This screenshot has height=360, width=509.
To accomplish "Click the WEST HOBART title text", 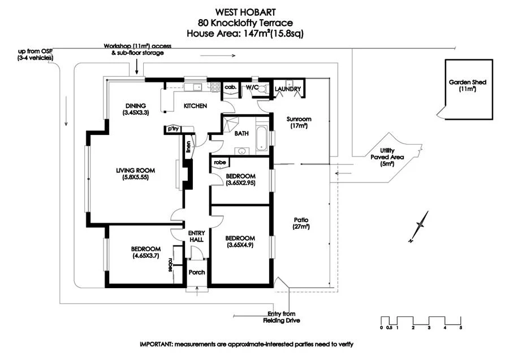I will [253, 11].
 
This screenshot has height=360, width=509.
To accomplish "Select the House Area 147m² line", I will [253, 34].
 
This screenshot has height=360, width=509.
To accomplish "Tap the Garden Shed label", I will [467, 85].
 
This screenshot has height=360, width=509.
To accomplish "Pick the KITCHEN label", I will [195, 106].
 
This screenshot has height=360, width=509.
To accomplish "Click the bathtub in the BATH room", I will [262, 137].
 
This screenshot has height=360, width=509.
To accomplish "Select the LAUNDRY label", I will [287, 90].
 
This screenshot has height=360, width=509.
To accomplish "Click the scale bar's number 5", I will [461, 328].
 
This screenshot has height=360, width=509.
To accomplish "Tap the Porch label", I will [197, 272].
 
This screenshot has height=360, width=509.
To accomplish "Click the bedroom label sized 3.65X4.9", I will [240, 241].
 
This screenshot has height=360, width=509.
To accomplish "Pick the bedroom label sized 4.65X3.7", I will [145, 252].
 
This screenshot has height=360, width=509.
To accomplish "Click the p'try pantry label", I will [171, 129].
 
